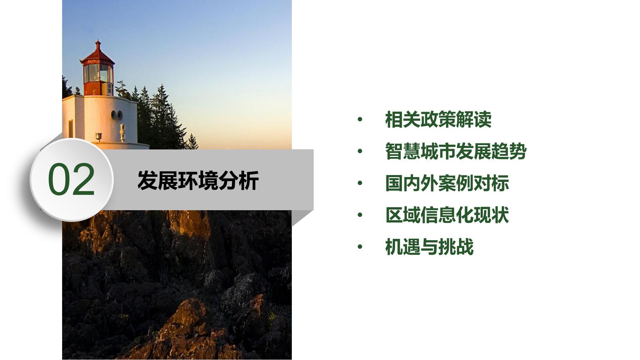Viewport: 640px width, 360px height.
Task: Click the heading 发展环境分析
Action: point(198,180)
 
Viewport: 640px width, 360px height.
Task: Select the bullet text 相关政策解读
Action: point(438,119)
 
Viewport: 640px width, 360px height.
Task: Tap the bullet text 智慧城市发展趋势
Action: point(456,151)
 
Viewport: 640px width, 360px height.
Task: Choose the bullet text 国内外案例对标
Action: point(447,183)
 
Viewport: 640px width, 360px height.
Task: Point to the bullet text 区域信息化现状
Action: point(447,215)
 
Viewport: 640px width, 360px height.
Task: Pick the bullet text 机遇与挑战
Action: point(429,247)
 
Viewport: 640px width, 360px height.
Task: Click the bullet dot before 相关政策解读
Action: point(360,119)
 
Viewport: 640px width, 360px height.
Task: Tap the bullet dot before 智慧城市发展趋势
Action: point(360,151)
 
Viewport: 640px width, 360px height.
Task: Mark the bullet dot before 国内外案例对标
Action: point(360,183)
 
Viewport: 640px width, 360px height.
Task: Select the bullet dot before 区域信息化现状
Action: point(360,215)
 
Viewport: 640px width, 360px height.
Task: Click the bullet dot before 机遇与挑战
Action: point(360,247)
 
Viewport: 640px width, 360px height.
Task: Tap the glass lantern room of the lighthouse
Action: point(98,73)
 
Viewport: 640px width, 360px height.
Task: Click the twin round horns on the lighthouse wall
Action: point(117,115)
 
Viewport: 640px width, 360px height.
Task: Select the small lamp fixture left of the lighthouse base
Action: point(99,137)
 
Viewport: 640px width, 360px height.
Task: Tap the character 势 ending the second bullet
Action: point(518,151)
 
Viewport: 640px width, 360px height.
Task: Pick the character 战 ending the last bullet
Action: point(465,247)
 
